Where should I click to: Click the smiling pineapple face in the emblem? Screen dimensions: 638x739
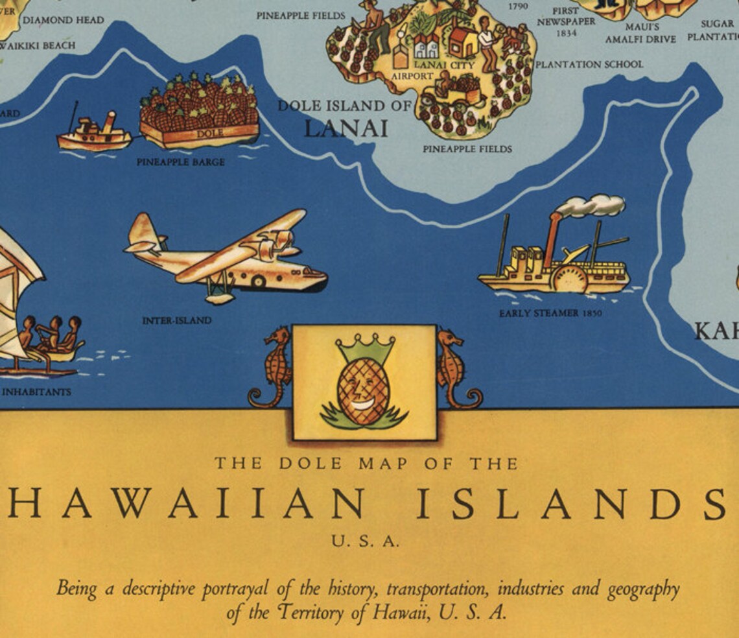[364, 393]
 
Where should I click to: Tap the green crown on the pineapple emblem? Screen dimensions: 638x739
[365, 349]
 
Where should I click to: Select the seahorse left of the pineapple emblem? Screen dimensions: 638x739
[273, 366]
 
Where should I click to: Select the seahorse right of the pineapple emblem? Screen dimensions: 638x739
[456, 366]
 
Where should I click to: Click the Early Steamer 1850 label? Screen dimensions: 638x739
[550, 313]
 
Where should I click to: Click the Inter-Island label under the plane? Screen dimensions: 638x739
[176, 320]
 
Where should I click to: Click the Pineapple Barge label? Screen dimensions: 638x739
[180, 162]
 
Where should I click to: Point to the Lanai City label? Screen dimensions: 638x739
[444, 65]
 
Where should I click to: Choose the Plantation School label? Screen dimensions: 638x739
[589, 64]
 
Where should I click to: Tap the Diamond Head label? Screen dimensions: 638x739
[63, 20]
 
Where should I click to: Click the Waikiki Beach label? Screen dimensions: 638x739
[40, 45]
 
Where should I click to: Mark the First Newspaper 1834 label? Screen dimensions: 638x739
[565, 22]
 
